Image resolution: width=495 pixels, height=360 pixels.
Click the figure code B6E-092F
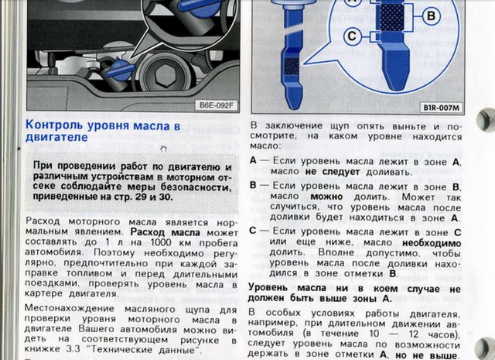click(x=217, y=105)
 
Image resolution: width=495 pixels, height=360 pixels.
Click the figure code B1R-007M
click(x=442, y=108)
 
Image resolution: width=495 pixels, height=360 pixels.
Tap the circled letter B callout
click(x=431, y=15)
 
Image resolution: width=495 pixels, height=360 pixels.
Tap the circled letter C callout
click(x=352, y=36)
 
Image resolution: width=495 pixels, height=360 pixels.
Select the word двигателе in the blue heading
click(x=56, y=138)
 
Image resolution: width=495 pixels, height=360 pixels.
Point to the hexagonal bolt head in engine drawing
click(x=165, y=76)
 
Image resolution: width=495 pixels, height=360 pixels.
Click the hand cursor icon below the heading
click(x=163, y=149)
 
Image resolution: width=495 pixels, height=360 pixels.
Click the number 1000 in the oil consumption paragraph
click(x=161, y=242)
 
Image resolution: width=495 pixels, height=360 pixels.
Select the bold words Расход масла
click(x=166, y=232)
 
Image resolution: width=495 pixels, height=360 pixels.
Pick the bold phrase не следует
click(x=333, y=172)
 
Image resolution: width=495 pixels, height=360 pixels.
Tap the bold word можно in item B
click(x=326, y=197)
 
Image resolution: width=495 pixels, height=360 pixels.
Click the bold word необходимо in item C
click(x=432, y=243)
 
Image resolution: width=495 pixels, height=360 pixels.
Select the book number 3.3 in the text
click(x=73, y=349)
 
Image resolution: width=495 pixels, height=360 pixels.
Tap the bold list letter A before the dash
click(x=253, y=160)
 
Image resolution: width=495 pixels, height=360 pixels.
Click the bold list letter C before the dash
click(x=253, y=231)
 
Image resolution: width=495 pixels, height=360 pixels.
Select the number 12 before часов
click(x=415, y=334)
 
